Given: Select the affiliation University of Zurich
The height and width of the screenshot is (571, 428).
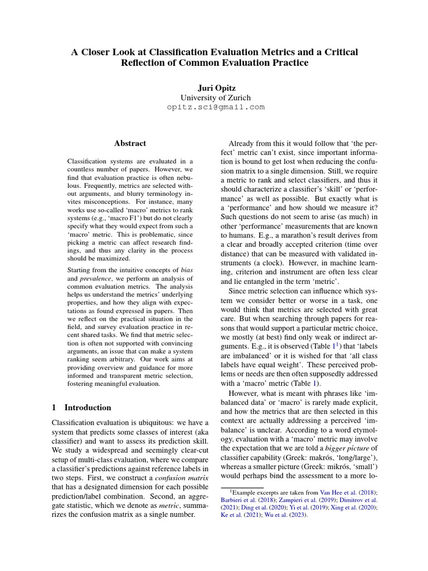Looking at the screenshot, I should click(215, 98).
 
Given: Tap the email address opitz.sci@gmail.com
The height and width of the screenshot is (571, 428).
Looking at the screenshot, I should click(215, 107).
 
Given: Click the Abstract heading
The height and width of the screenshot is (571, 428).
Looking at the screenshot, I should click(130, 143).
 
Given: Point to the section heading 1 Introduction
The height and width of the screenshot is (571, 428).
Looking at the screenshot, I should click(81, 408).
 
